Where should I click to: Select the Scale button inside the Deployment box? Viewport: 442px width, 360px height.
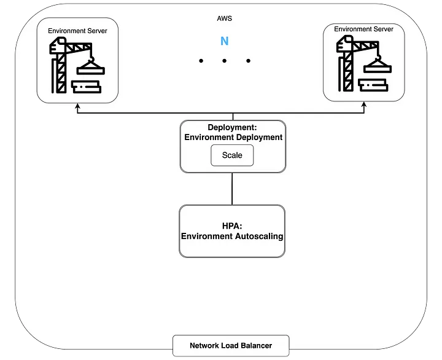click(x=232, y=155)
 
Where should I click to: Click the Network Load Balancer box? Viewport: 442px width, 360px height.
click(x=230, y=346)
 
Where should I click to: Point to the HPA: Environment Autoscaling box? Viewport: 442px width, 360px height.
click(x=232, y=231)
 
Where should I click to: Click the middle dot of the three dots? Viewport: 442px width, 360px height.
click(x=224, y=61)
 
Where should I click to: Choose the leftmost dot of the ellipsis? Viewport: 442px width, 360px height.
click(x=201, y=61)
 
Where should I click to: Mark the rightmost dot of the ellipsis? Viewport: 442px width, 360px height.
click(x=248, y=61)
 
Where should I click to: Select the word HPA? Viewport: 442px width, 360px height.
click(x=232, y=225)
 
